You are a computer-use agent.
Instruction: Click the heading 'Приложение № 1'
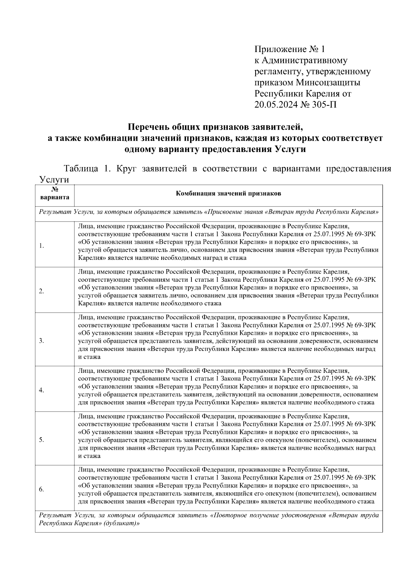[x=289, y=49]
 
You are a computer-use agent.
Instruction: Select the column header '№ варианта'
[x=55, y=193]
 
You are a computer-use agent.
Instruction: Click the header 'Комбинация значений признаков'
[x=228, y=194]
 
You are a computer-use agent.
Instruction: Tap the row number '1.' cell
[x=41, y=246]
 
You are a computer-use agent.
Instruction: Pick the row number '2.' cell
[x=41, y=291]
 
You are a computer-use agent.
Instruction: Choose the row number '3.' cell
[x=41, y=341]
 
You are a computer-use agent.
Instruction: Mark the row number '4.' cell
[x=41, y=390]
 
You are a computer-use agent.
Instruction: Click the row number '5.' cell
[x=41, y=440]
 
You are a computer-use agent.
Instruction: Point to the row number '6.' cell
[x=41, y=489]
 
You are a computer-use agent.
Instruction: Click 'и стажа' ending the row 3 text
[x=89, y=357]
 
